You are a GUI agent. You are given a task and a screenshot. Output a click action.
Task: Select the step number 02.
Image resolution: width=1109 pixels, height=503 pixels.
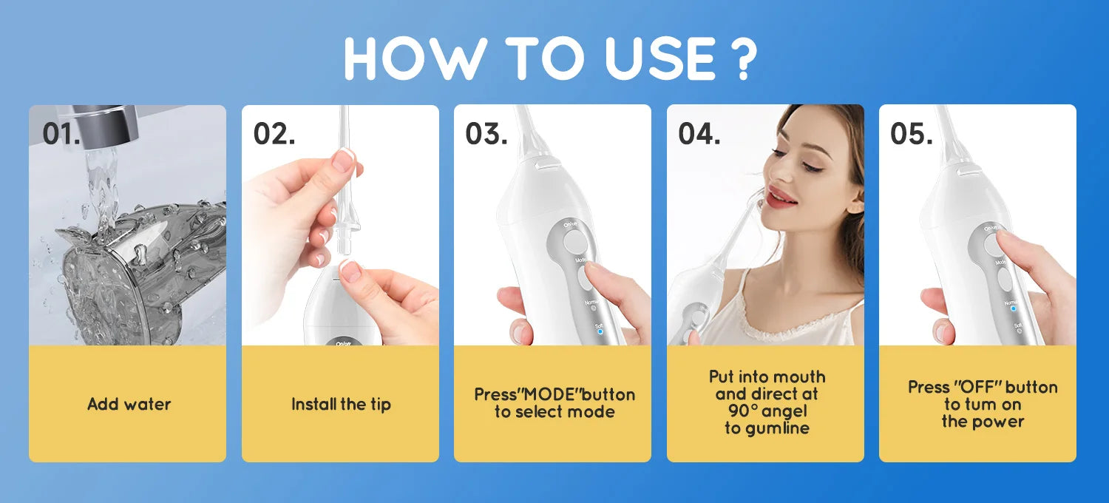(x=274, y=134)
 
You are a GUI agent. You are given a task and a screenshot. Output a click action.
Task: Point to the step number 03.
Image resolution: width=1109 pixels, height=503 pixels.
(x=486, y=134)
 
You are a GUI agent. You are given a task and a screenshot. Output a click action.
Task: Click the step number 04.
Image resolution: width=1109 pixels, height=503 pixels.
(x=699, y=134)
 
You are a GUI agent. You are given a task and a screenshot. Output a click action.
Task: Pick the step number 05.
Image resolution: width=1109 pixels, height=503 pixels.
(x=911, y=134)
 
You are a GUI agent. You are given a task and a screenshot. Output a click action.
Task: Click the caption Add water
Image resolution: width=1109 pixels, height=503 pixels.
(x=129, y=404)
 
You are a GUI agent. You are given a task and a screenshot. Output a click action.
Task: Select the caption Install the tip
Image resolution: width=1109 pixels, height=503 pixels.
(x=341, y=405)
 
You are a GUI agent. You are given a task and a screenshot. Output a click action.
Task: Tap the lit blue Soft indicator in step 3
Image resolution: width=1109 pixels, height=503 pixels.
(x=599, y=331)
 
